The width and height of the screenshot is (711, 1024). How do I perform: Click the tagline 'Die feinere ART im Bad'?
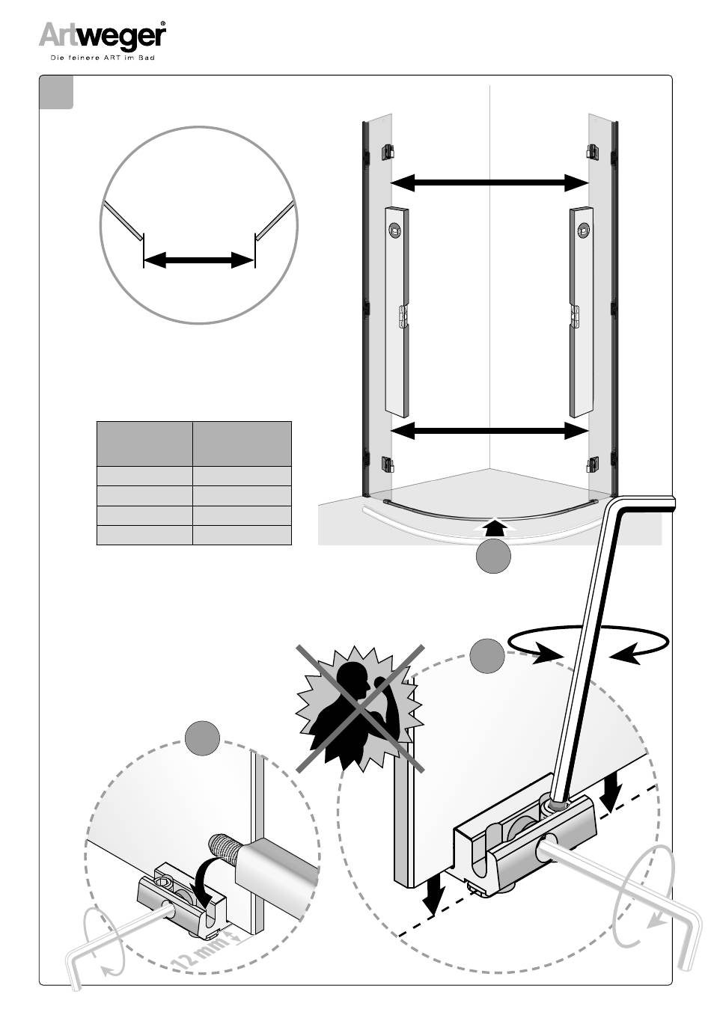[x=102, y=58]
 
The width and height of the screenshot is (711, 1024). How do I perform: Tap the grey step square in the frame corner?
[x=56, y=92]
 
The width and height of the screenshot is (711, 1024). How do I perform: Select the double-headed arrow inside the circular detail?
[x=198, y=260]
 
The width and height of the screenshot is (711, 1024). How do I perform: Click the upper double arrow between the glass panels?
[x=489, y=183]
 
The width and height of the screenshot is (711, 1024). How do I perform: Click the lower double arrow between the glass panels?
[x=489, y=430]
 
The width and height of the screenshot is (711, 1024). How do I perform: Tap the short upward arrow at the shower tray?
[x=495, y=526]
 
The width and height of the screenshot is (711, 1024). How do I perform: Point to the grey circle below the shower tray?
[x=493, y=555]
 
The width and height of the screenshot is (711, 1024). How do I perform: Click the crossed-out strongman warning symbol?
[x=360, y=709]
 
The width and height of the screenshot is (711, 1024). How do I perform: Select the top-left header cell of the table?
[x=144, y=444]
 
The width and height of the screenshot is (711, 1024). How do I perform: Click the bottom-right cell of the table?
[x=242, y=535]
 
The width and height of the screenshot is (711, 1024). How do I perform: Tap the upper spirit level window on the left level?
[x=394, y=230]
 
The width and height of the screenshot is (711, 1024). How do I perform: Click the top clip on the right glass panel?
[x=593, y=151]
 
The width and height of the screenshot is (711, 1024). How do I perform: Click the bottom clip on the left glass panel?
[x=388, y=465]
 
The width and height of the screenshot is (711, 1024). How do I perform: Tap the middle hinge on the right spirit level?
[x=574, y=316]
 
